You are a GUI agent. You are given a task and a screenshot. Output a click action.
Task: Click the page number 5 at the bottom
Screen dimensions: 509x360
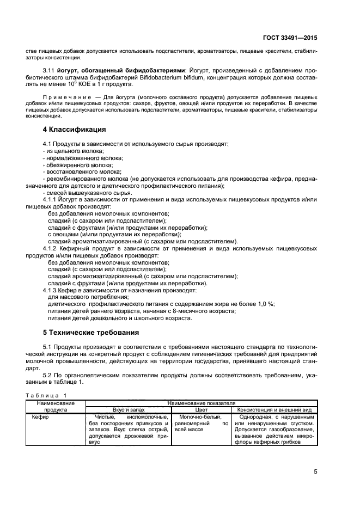point(316,471)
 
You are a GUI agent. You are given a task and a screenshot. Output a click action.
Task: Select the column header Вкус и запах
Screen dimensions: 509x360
point(129,409)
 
